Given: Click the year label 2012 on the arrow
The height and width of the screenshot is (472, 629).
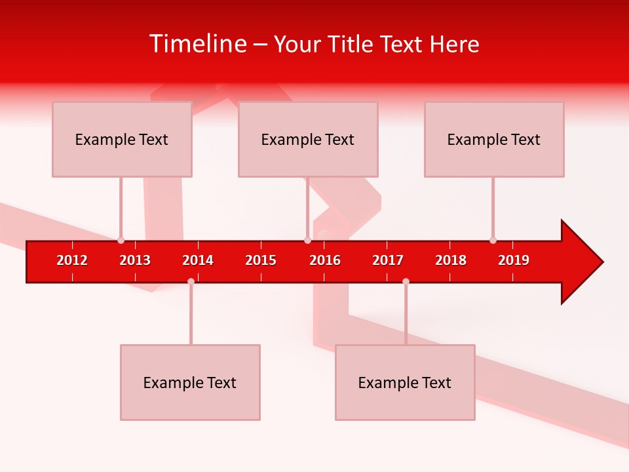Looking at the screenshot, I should [x=72, y=260].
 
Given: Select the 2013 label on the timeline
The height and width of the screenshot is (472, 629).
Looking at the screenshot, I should [x=135, y=260].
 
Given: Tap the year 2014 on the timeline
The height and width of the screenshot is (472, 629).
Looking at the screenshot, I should [x=198, y=260].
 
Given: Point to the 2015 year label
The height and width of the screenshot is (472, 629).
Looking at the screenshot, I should [x=261, y=260].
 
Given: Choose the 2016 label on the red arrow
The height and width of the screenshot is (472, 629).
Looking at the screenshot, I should [x=325, y=260].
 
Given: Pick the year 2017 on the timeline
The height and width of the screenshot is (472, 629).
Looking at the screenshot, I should [x=388, y=260].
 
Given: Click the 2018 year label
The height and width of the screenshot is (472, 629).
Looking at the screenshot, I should [x=451, y=260].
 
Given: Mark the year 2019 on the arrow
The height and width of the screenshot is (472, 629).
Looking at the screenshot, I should [x=514, y=260].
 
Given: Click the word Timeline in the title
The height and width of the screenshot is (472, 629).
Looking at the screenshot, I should [x=197, y=44].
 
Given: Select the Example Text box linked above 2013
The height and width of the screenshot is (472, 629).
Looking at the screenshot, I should [x=122, y=139].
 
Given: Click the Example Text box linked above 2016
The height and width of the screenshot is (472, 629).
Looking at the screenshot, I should [x=308, y=139].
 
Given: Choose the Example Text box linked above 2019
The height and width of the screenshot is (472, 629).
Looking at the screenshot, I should [x=494, y=139].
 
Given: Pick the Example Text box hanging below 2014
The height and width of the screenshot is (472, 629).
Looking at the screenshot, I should [x=190, y=382].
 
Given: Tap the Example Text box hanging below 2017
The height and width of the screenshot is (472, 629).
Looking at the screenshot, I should [x=405, y=382].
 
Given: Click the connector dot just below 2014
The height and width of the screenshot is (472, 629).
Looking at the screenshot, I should [x=191, y=281].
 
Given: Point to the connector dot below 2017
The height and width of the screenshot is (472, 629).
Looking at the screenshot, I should [x=406, y=281].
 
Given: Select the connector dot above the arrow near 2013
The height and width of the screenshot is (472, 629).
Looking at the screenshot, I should [x=121, y=240].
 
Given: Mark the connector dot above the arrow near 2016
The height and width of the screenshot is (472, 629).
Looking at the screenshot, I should [x=307, y=240].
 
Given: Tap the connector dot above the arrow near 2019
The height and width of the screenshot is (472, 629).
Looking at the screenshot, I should [x=493, y=240].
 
